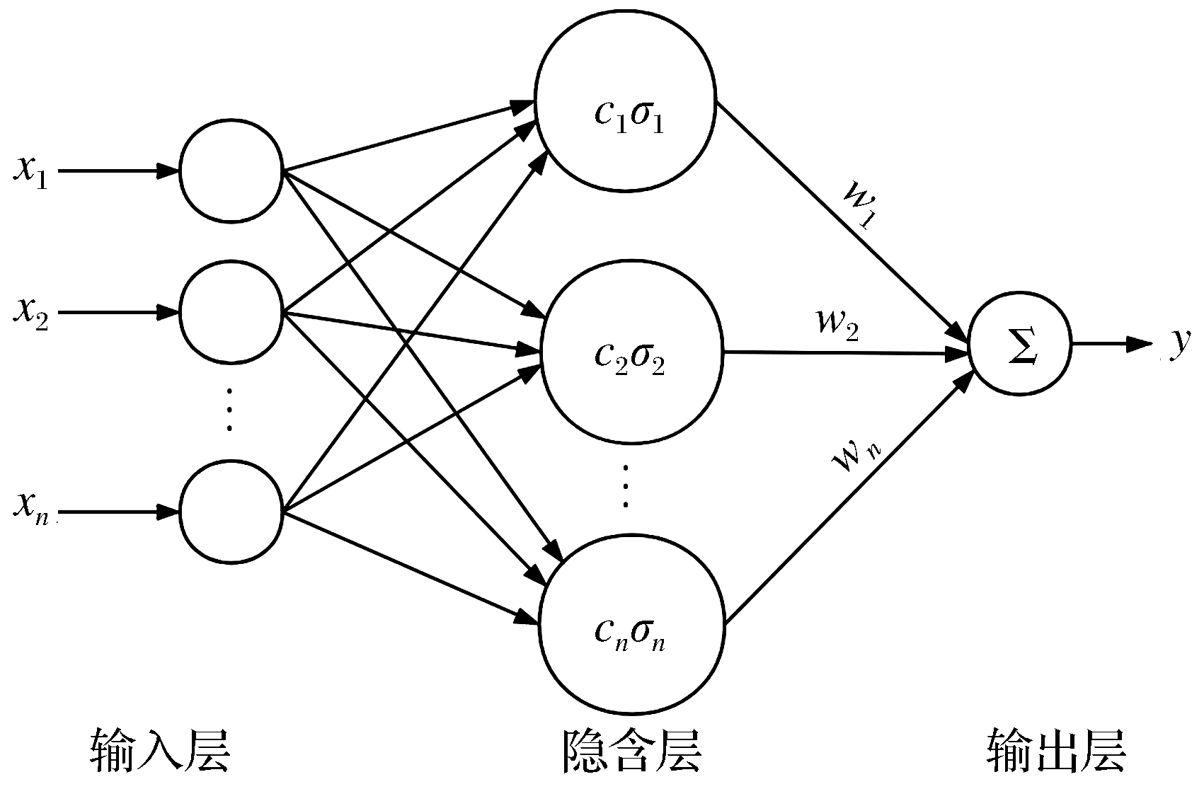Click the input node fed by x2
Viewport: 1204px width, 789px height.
click(x=231, y=311)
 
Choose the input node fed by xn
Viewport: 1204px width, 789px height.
click(x=231, y=512)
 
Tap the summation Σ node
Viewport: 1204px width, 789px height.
click(x=1020, y=347)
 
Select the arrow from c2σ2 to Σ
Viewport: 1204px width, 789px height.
click(x=842, y=352)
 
